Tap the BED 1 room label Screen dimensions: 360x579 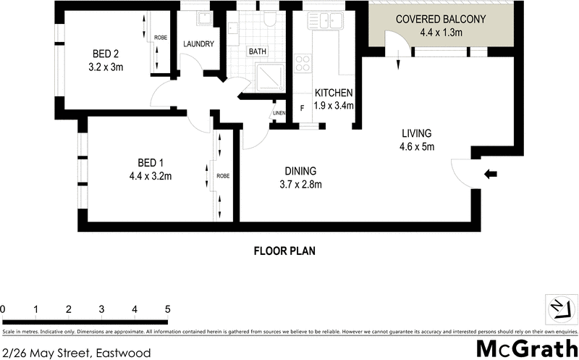tap(153, 162)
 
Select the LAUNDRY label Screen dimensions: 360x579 tap(198, 44)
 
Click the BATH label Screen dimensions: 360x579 tap(258, 52)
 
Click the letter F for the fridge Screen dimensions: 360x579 tap(302, 110)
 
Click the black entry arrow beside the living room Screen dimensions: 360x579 tap(490, 174)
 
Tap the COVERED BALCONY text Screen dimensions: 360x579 tap(440, 20)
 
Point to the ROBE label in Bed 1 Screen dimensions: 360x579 tap(223, 175)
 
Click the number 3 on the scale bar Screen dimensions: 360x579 tap(101, 310)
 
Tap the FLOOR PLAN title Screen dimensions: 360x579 tap(284, 251)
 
